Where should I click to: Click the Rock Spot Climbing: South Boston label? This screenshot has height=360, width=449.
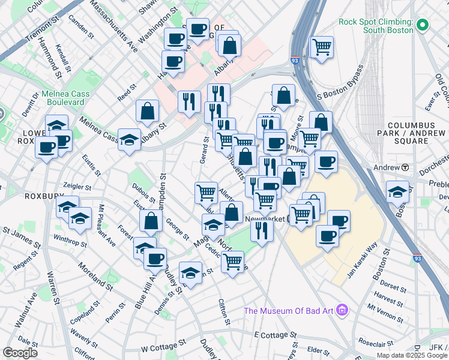click(x=376, y=26)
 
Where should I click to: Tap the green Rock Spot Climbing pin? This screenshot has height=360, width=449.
click(x=422, y=25)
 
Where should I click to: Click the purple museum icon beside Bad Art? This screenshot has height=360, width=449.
click(x=342, y=310)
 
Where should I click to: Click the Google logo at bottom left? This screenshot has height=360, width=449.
click(x=20, y=353)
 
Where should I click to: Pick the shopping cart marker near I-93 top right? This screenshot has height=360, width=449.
click(x=322, y=46)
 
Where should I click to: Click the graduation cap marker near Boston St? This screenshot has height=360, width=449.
click(x=397, y=192)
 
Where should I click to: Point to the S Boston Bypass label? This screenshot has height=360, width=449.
click(x=341, y=85)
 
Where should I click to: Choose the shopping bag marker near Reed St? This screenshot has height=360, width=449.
click(x=147, y=111)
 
